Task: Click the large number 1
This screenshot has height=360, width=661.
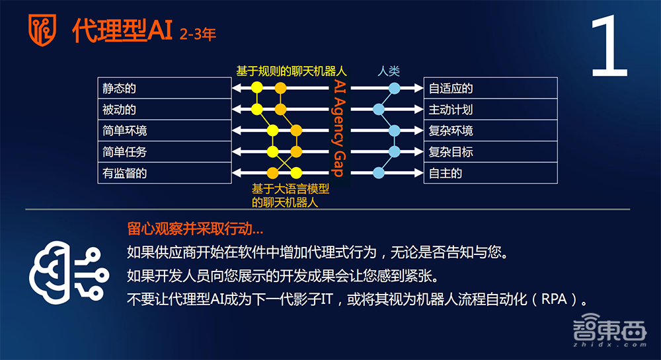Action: coord(609,49)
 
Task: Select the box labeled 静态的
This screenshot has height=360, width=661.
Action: coord(163,89)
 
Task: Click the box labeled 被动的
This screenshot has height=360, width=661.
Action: coord(163,110)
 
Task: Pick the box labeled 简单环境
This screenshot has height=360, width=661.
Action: coord(163,131)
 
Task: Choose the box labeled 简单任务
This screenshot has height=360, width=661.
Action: coord(163,152)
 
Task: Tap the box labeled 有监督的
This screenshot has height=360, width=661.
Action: coord(163,173)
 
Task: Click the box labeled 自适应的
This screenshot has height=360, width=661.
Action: coord(490,89)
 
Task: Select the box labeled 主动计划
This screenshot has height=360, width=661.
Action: coord(490,110)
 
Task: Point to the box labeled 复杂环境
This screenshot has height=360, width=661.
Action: coord(490,131)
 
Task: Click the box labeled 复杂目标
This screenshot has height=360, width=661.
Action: coord(490,152)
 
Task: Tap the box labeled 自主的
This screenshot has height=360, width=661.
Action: coord(490,173)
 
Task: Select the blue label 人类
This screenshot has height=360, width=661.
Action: coord(389,71)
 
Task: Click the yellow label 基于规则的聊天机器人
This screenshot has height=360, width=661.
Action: coord(292,71)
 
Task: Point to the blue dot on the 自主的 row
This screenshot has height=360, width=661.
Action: coord(379,173)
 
